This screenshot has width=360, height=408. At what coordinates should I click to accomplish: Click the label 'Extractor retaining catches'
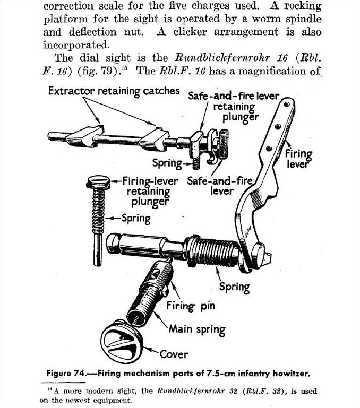[114, 91]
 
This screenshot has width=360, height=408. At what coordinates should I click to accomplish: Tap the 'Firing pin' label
[191, 306]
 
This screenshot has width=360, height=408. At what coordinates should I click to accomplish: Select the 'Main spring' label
[197, 329]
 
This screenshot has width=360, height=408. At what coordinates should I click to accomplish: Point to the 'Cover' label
[174, 354]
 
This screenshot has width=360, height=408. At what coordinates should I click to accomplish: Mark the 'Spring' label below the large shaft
[234, 287]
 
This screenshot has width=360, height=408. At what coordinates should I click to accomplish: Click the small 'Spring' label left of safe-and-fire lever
[167, 162]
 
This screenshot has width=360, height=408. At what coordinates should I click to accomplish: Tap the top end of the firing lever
[289, 105]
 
